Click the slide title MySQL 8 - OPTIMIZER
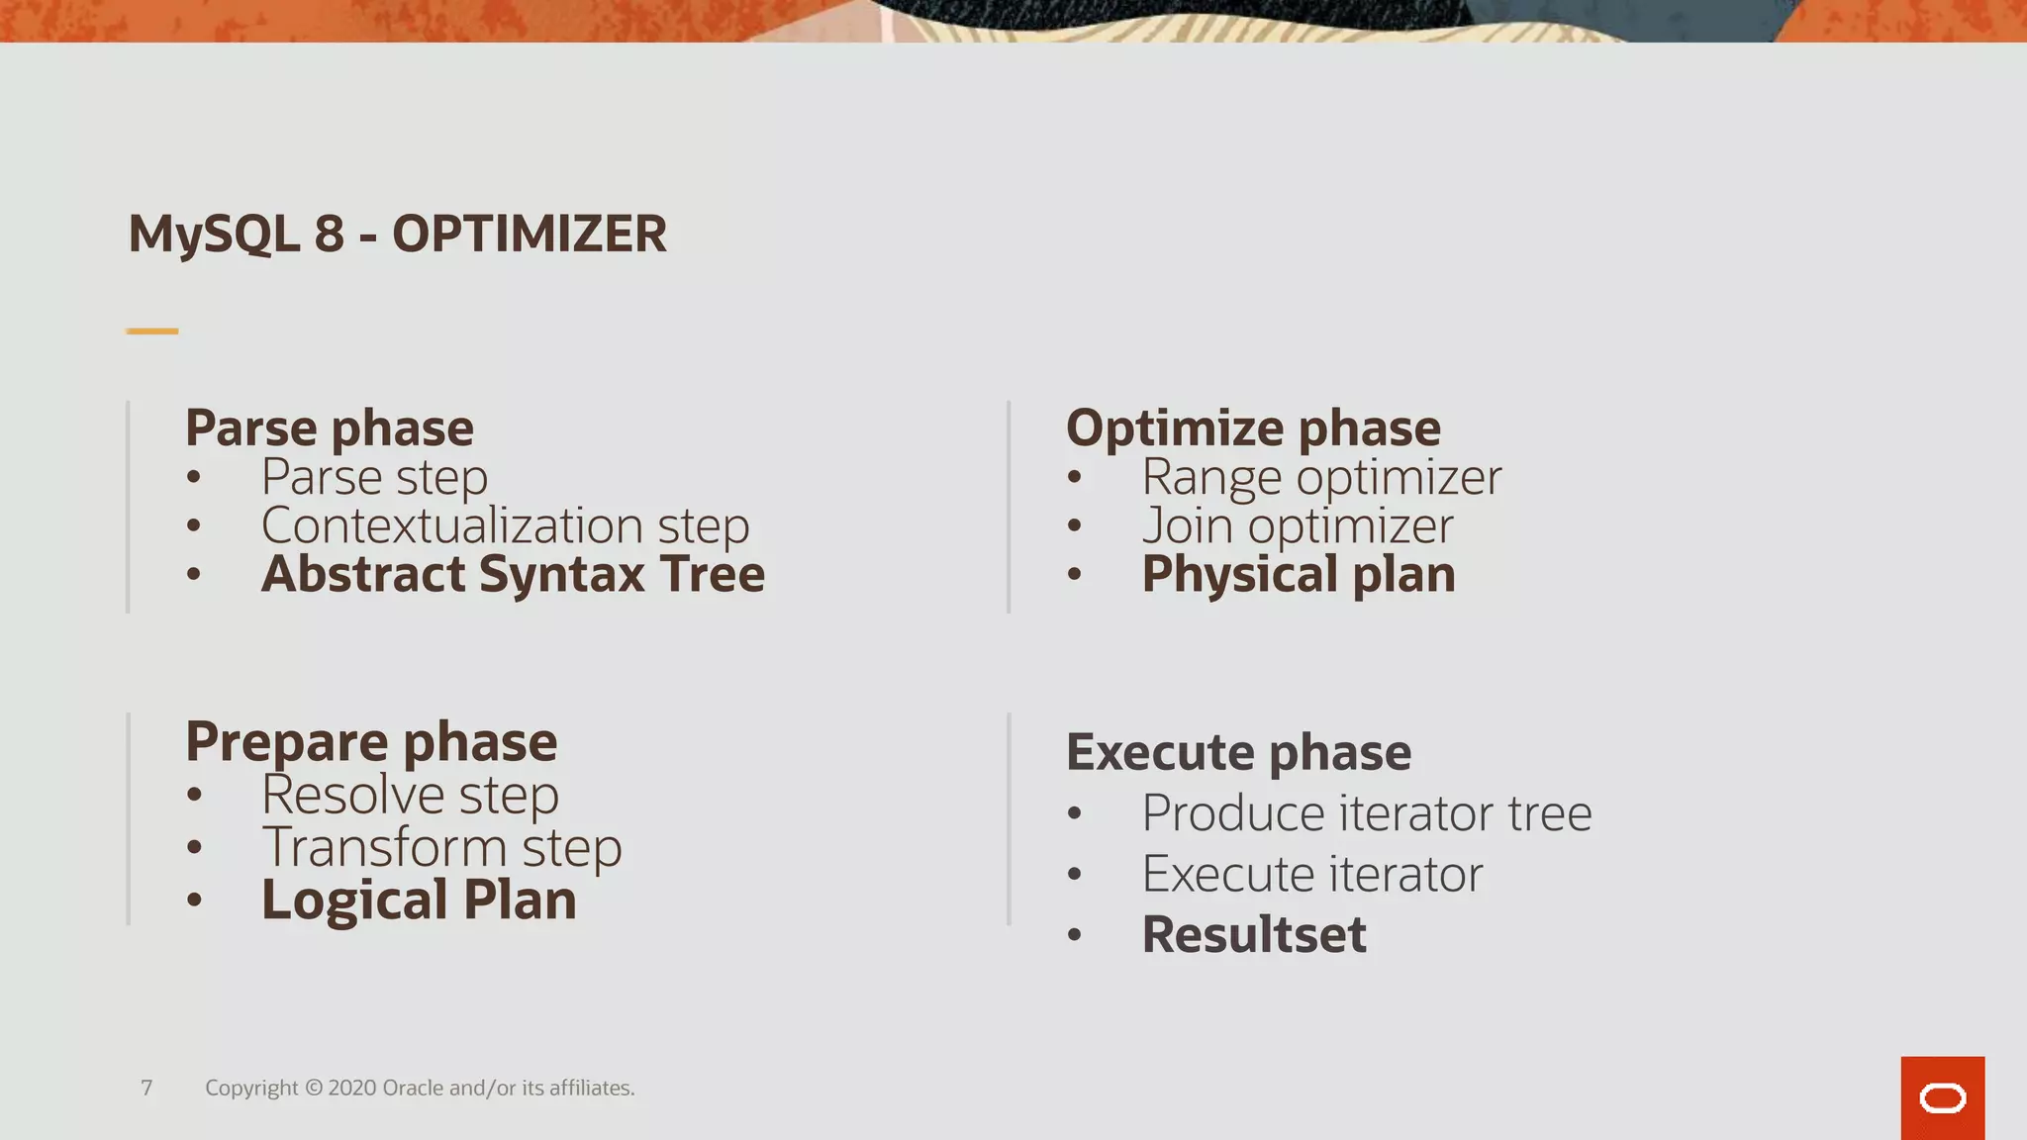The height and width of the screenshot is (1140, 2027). point(397,235)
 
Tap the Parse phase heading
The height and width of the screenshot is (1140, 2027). point(330,427)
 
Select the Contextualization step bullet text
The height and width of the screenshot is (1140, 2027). point(505,525)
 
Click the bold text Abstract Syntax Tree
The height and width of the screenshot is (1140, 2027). point(513,574)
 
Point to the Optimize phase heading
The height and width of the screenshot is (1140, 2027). point(1253,427)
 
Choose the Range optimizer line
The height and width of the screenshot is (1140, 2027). point(1321,477)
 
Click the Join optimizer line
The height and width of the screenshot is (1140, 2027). point(1298,525)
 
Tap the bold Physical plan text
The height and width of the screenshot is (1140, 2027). point(1299,574)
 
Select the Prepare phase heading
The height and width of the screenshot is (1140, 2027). point(371,741)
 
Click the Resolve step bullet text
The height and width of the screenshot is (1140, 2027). point(410,795)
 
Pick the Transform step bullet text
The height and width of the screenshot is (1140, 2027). point(441,847)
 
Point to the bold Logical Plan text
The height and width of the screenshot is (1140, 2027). point(419,900)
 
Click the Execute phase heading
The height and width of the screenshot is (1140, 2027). point(1238,752)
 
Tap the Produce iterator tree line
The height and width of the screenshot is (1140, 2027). point(1367,813)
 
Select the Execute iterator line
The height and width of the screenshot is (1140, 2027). point(1312,874)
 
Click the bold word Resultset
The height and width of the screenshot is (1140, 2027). point(1254,934)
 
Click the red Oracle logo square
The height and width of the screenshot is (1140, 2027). point(1942,1097)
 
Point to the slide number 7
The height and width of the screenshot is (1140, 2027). point(146,1088)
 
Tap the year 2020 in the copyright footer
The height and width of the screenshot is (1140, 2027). point(351,1088)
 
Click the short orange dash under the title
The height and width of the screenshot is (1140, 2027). point(152,331)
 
